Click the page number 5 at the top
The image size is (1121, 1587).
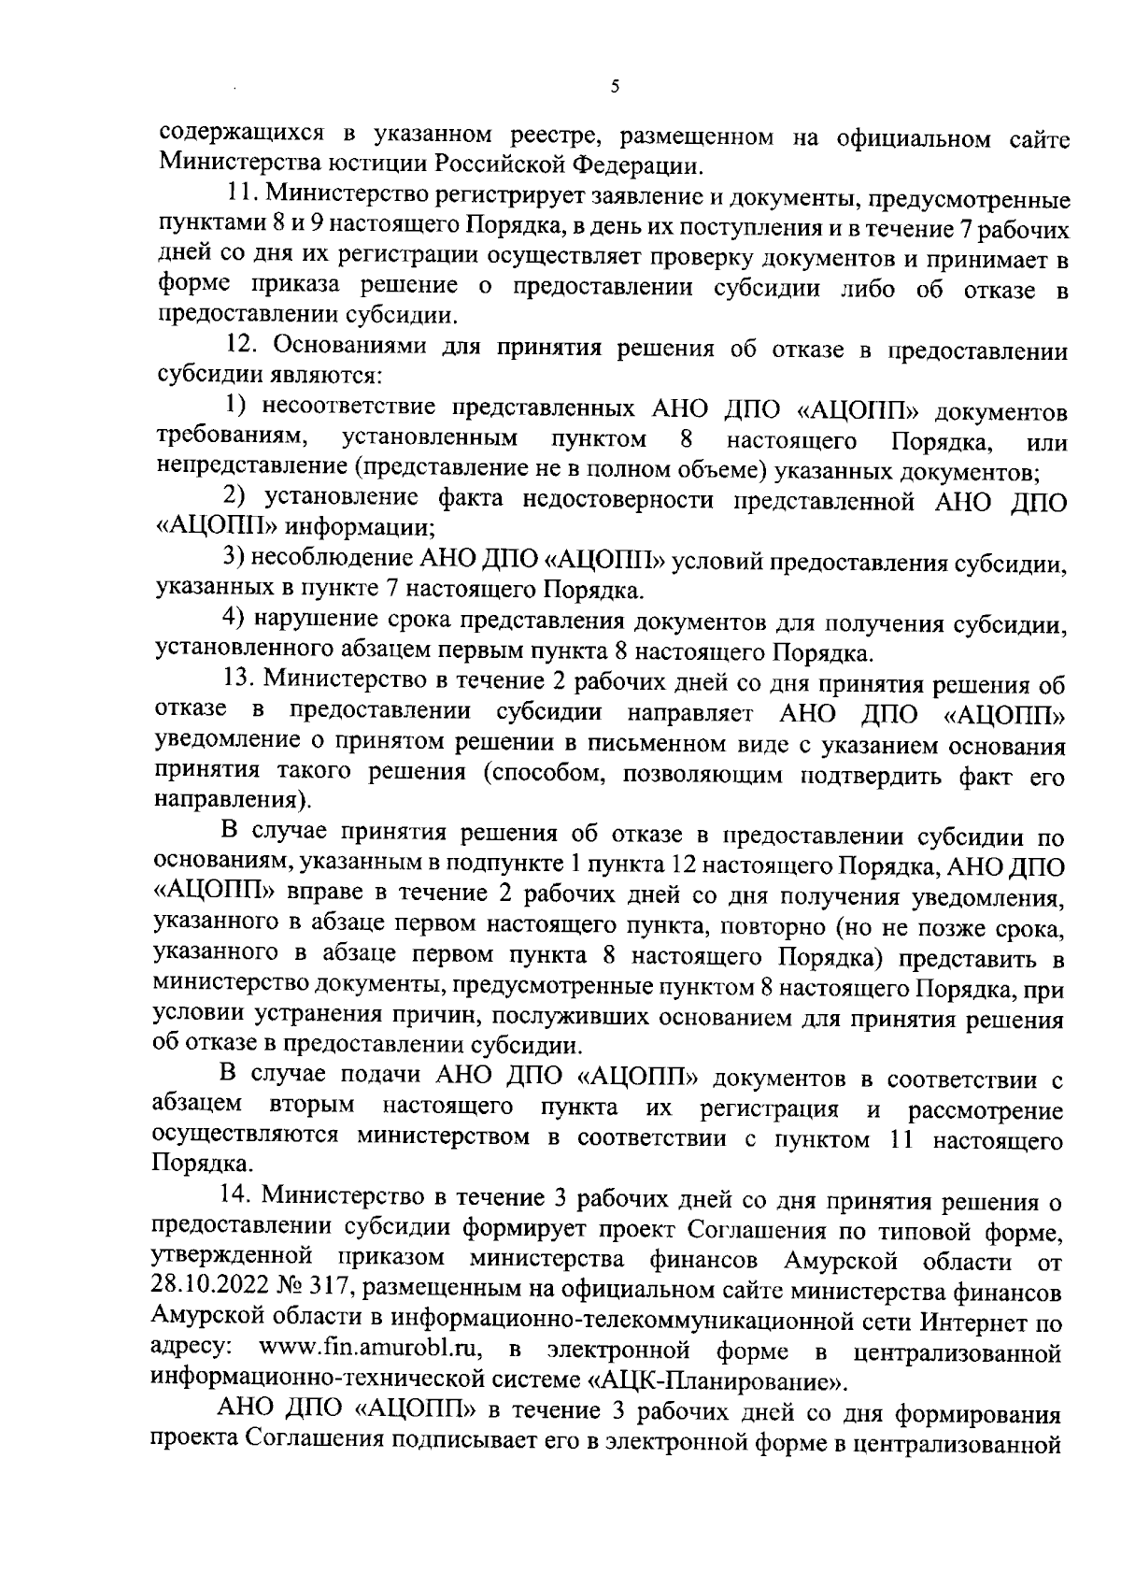614,88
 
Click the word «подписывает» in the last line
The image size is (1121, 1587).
472,1440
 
